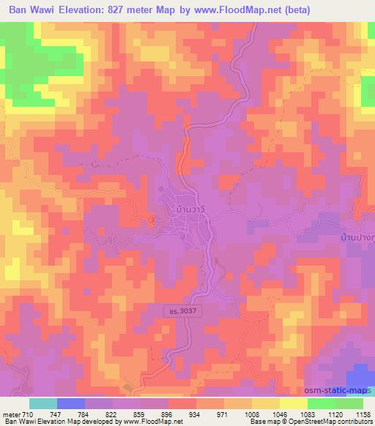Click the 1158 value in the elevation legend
[x=361, y=414]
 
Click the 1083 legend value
[x=306, y=414]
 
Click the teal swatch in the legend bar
[x=43, y=403]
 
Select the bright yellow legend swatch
[x=293, y=403]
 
